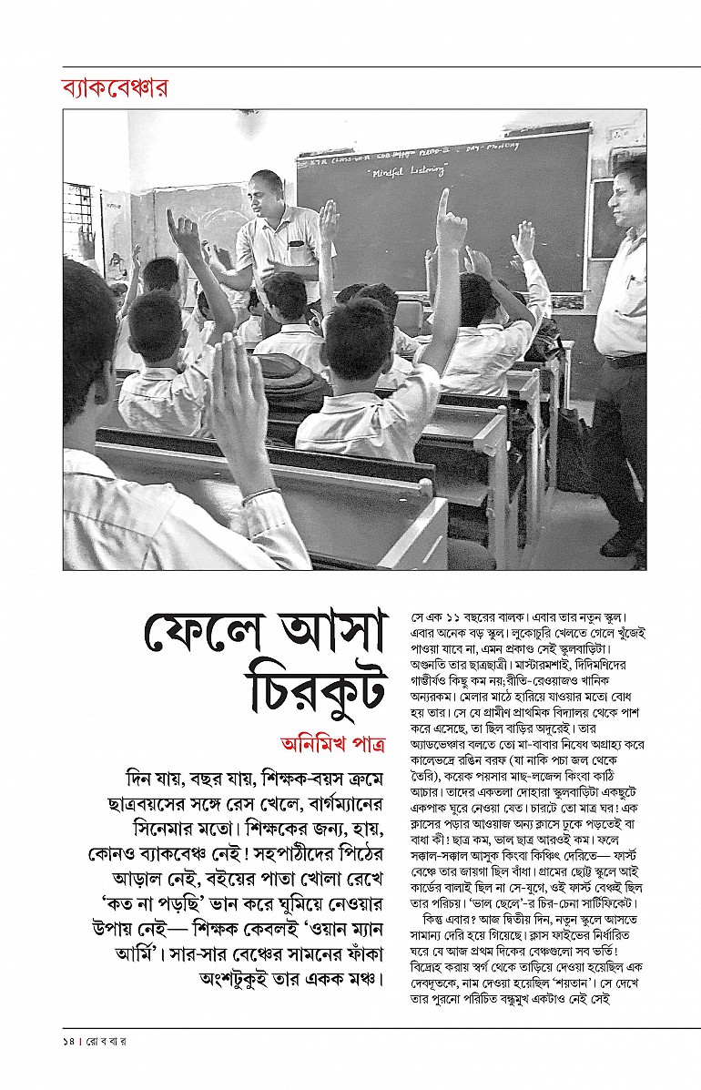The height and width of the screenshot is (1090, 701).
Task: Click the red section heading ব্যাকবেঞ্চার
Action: [115, 89]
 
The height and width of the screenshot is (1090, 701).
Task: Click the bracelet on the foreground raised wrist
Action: [260, 495]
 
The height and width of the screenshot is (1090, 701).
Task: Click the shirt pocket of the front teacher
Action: [296, 244]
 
